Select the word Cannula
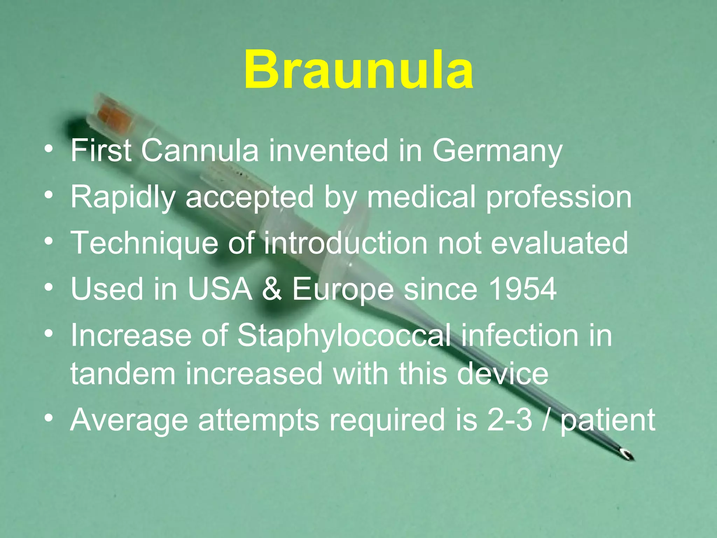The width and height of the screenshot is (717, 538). point(200,151)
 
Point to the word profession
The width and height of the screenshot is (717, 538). point(559,197)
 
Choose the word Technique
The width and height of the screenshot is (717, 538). point(145,243)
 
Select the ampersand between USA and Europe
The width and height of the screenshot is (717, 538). point(272,289)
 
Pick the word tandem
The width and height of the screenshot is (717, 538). point(123,374)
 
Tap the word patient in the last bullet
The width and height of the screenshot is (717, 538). point(607,420)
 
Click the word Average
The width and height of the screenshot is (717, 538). point(129,420)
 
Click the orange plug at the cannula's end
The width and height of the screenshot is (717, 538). point(114,117)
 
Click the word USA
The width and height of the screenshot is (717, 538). point(220,289)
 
